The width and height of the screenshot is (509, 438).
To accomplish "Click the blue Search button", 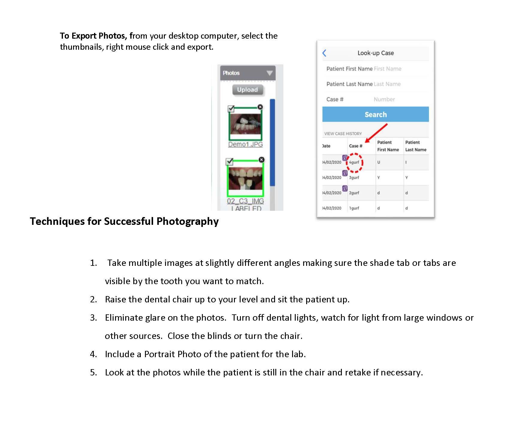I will tap(375, 114).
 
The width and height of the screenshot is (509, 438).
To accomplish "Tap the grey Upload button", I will tap(247, 90).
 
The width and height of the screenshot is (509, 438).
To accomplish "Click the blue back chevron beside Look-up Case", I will tap(324, 53).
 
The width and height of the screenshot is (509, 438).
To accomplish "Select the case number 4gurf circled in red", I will tap(354, 162).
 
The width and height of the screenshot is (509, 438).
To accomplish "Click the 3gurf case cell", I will tap(354, 178).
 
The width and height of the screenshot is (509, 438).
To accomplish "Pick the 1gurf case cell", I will tap(354, 208).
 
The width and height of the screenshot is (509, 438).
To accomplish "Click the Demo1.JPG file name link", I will tap(245, 144).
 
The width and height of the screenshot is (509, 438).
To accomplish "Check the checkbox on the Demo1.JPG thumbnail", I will tap(231, 108).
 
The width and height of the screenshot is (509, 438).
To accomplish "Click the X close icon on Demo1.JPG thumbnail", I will tap(260, 107).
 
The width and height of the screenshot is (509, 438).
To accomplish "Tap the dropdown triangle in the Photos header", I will tap(269, 73).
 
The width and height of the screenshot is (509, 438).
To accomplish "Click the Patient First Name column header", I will tap(388, 146).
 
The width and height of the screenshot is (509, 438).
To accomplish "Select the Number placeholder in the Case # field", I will tap(384, 99).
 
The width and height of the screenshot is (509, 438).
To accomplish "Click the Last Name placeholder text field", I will tap(387, 84).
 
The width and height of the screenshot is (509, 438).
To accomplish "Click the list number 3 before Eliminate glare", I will tap(93, 318).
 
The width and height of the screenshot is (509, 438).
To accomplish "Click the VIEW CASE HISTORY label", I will tap(343, 134).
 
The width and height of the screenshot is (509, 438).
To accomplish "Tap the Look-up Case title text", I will tap(375, 53).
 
